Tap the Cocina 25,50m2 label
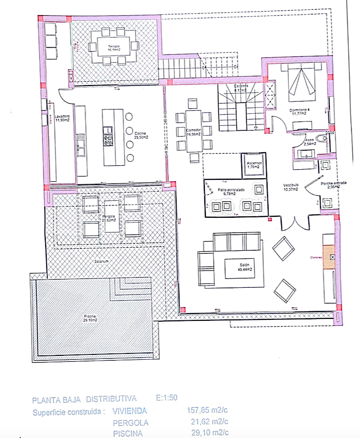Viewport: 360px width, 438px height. click(x=141, y=135)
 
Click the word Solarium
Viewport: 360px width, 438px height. click(x=102, y=261)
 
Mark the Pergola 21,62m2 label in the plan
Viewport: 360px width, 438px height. click(x=108, y=218)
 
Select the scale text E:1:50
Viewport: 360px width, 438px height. click(x=167, y=399)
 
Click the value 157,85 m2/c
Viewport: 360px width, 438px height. click(x=208, y=410)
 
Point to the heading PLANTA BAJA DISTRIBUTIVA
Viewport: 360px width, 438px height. click(x=84, y=400)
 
